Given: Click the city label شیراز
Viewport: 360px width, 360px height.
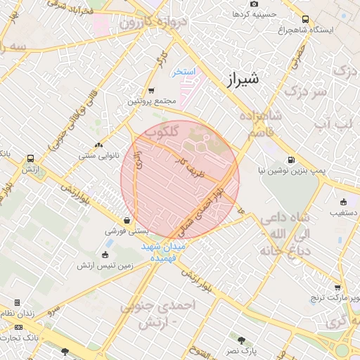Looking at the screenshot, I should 238,79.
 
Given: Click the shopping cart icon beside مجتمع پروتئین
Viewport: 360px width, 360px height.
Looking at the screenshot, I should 152,91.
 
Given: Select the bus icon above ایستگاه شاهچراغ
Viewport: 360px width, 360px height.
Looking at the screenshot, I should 305,20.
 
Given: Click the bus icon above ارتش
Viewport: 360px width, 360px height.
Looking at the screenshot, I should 30,159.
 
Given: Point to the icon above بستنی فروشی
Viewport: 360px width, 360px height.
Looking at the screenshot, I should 127,219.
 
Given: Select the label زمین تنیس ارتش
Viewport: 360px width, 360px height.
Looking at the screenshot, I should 106,266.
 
